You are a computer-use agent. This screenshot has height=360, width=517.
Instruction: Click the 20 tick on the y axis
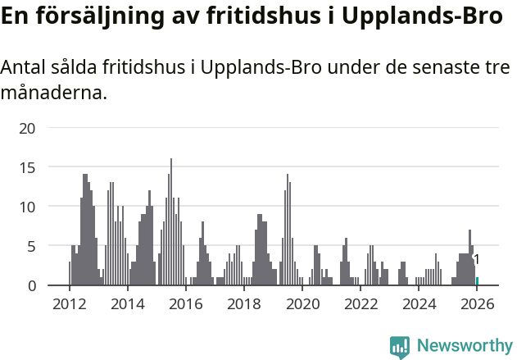tap(28, 128)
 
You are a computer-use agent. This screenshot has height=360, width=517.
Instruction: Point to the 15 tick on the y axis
tap(28, 167)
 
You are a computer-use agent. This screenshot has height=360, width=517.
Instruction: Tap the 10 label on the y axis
tap(28, 207)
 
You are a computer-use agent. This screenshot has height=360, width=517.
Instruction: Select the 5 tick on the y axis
tap(32, 246)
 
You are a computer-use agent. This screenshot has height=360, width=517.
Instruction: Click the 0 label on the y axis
tap(32, 285)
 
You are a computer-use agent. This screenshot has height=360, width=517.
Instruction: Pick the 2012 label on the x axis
tap(69, 304)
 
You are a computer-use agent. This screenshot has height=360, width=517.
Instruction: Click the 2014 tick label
tap(127, 304)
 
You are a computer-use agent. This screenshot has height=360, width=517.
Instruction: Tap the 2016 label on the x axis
tap(186, 304)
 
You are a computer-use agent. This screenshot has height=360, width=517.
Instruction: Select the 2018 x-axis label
tap(244, 304)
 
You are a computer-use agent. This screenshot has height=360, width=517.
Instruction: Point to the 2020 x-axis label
tap(303, 304)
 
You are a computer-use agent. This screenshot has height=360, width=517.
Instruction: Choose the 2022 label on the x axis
tap(361, 304)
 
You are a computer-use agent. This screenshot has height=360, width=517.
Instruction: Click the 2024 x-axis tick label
tap(420, 304)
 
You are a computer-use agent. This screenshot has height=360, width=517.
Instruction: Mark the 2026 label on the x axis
tap(478, 304)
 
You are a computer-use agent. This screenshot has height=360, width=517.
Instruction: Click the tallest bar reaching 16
tap(171, 221)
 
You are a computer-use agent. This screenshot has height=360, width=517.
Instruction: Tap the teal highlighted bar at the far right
tap(478, 281)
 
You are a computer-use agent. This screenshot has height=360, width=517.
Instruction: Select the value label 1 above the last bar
tap(476, 260)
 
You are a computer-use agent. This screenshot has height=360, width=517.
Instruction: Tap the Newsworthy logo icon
tap(400, 347)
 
